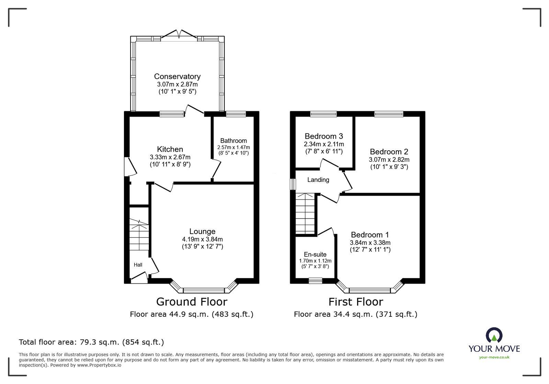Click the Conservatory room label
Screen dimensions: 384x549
tap(177, 77)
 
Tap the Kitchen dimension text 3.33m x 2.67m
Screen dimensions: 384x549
tap(170, 157)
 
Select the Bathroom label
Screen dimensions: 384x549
tap(233, 141)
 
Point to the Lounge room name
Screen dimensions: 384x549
tap(202, 232)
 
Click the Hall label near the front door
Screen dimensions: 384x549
tap(138, 265)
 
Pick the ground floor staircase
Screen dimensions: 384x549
tap(139, 237)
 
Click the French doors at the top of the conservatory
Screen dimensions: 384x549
tap(179, 36)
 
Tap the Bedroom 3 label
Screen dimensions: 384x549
tap(324, 136)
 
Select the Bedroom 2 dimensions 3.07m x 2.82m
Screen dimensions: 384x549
tap(389, 160)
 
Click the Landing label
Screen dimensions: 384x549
tap(318, 180)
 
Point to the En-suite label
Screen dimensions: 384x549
tap(315, 254)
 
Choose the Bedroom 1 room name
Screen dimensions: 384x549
tap(370, 235)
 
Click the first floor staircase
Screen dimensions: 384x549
tap(305, 214)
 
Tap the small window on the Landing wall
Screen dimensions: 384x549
tap(293, 184)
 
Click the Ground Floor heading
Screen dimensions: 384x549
tap(192, 302)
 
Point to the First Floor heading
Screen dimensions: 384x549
tap(356, 302)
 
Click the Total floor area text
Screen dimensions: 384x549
tap(91, 342)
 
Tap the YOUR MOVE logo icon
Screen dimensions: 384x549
tap(494, 336)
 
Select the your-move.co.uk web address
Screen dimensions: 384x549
tap(494, 357)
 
